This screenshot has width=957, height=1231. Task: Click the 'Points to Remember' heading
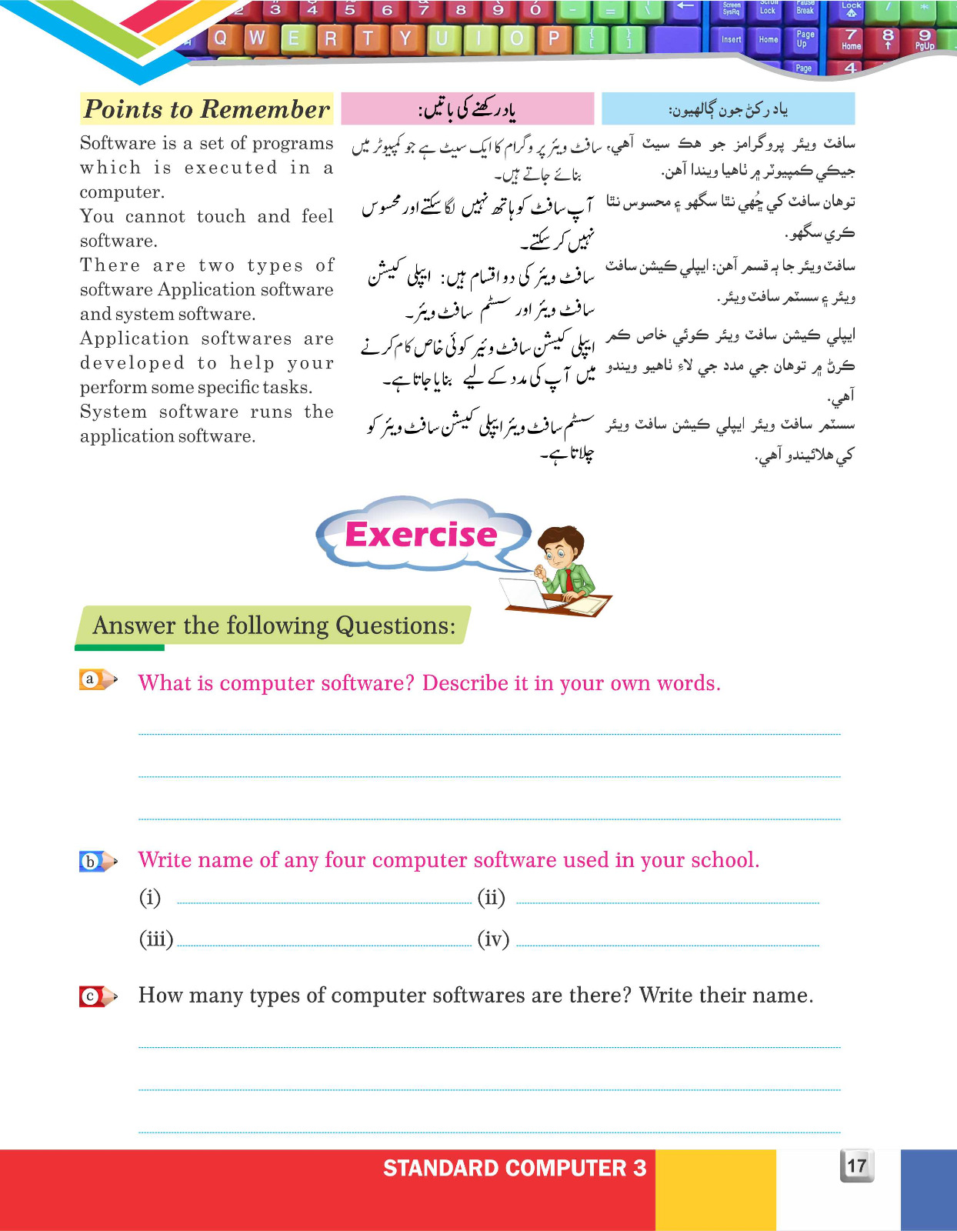tap(206, 109)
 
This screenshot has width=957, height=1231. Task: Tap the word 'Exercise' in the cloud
tap(421, 534)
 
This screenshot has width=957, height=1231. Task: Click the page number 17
tap(856, 1166)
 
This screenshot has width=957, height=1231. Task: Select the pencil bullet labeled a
tap(96, 679)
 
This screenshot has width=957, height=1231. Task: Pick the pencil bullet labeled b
tap(96, 861)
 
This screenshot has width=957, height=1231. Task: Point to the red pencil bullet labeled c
tap(96, 996)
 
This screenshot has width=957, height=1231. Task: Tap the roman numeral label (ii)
tap(491, 897)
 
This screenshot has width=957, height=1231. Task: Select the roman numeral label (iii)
tap(156, 939)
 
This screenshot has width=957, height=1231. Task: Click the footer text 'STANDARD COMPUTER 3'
tap(515, 1168)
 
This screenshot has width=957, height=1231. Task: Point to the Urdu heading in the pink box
tap(467, 110)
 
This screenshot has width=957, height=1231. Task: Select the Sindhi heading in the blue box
tap(728, 110)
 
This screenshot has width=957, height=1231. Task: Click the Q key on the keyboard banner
tap(220, 38)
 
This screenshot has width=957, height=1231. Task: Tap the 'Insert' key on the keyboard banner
tap(731, 39)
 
